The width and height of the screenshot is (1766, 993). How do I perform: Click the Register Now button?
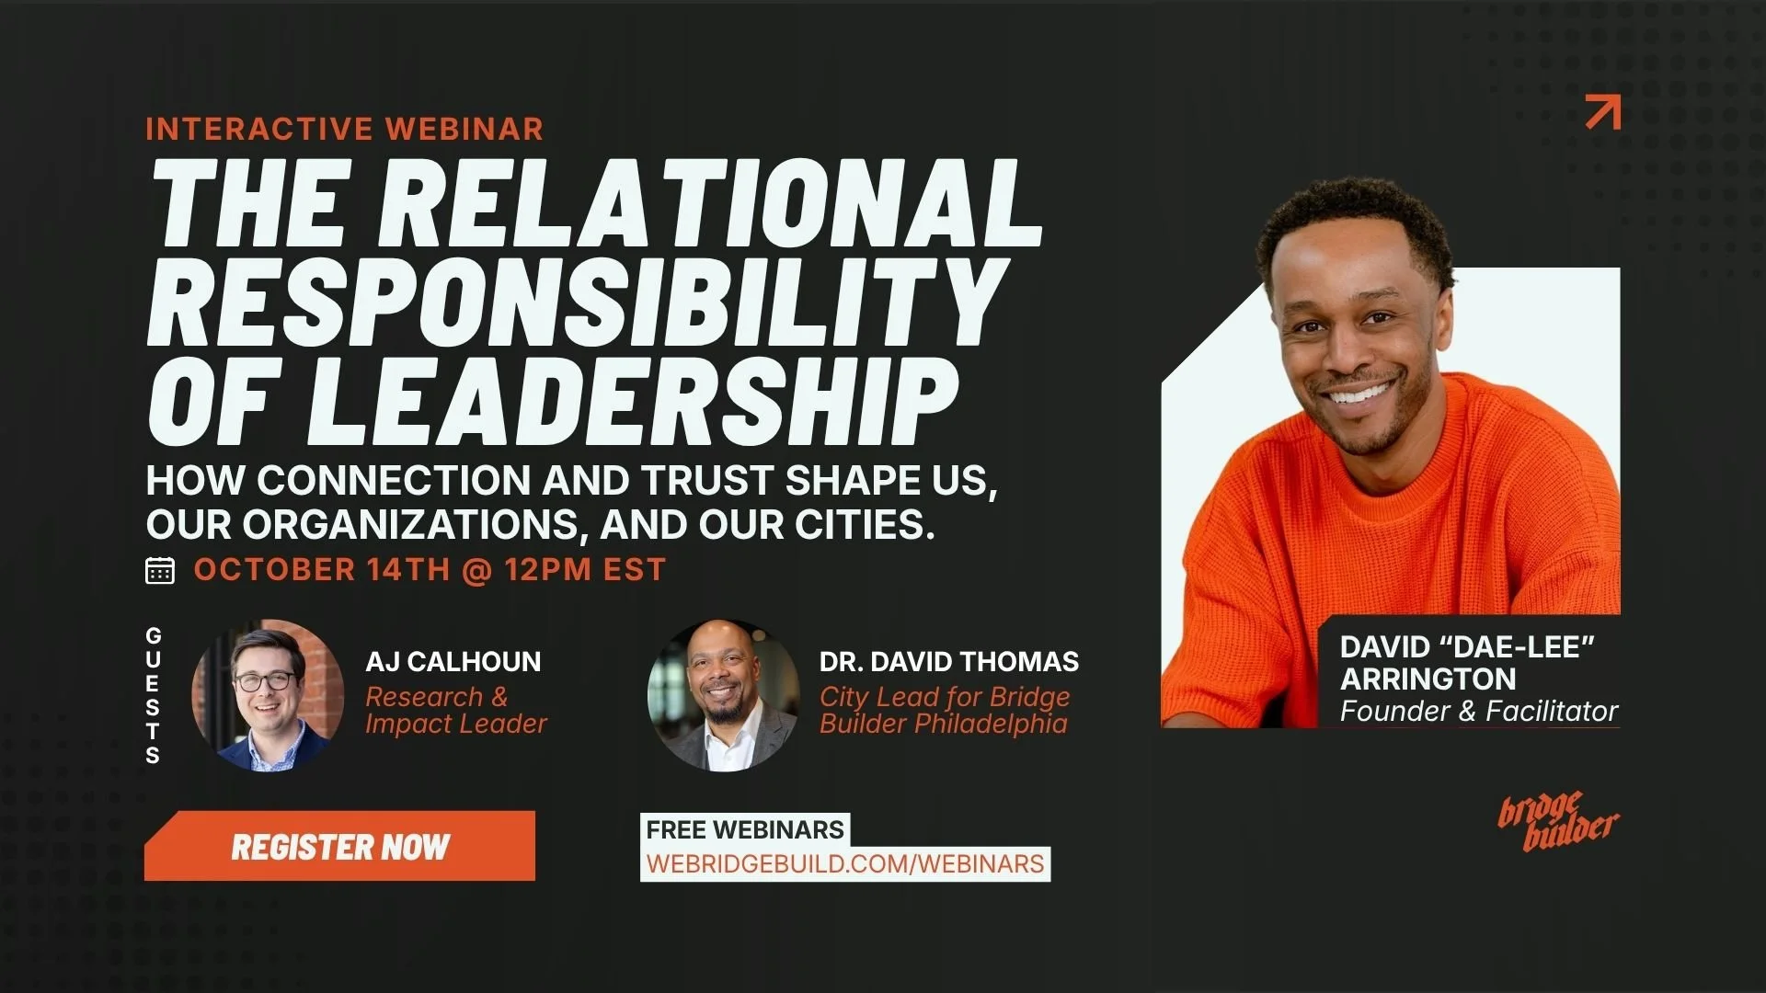[339, 846]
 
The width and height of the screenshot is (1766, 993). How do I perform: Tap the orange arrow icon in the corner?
[1603, 111]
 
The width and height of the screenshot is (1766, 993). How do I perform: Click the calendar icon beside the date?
[160, 570]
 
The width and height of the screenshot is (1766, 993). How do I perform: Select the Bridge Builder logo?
[1558, 820]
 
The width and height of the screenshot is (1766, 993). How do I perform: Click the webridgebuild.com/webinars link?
[845, 864]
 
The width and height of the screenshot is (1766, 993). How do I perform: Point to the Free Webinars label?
[745, 829]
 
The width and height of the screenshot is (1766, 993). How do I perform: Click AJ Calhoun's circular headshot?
[268, 695]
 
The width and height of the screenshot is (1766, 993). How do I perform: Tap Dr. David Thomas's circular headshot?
[724, 695]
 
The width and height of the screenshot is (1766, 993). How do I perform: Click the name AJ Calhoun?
[453, 661]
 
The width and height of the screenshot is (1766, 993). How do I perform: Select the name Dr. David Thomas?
[949, 661]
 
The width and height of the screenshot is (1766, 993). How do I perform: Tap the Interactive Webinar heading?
[345, 129]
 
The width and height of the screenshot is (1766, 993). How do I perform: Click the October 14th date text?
[321, 570]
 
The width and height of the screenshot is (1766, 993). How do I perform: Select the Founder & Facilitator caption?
[1479, 711]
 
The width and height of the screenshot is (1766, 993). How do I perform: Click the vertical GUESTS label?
[153, 695]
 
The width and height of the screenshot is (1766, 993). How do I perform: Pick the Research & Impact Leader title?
[456, 710]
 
